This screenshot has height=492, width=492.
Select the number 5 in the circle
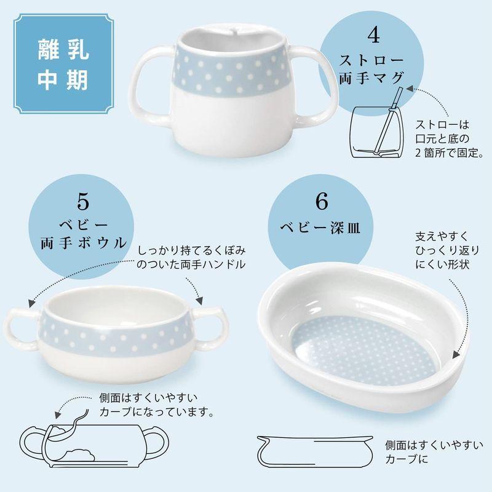[x=84, y=200]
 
